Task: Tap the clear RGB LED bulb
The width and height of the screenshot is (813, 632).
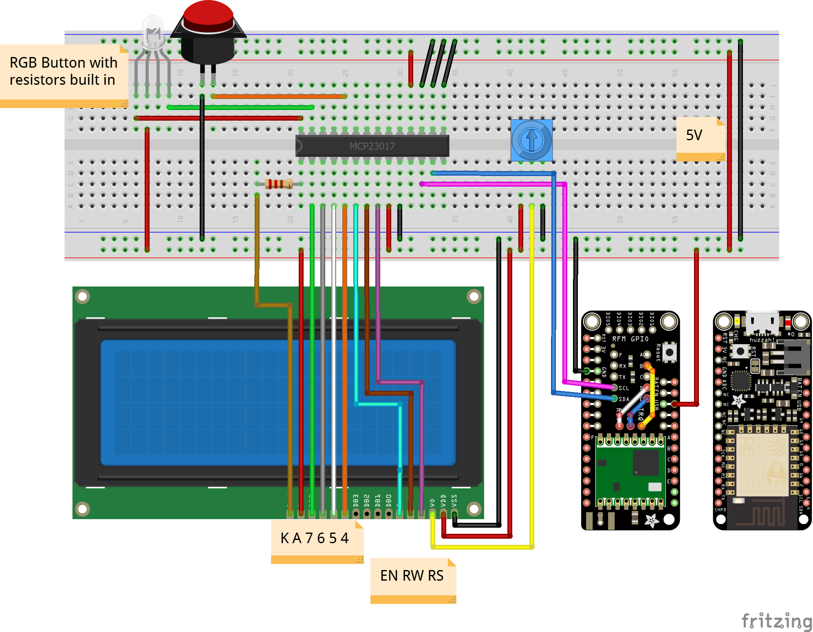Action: click(153, 31)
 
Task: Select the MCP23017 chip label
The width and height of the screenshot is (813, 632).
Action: click(372, 146)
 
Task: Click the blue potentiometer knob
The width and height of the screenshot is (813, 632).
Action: click(531, 140)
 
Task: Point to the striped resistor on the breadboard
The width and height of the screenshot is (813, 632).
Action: click(279, 184)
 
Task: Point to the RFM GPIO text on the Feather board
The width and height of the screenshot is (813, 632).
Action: click(630, 339)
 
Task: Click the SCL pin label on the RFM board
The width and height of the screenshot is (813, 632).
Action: click(624, 388)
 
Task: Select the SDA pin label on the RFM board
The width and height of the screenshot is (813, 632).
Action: click(624, 399)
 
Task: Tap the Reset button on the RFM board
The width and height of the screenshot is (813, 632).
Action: click(669, 352)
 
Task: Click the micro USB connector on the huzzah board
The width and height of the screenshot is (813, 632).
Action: click(762, 322)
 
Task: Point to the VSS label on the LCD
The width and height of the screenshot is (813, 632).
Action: click(454, 500)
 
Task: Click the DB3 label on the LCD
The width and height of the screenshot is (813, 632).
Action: click(356, 500)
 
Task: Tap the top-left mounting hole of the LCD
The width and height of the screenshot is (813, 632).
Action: click(83, 297)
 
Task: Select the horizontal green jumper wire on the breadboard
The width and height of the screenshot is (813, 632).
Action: click(240, 108)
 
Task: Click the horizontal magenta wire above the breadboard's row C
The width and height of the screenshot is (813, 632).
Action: click(489, 184)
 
